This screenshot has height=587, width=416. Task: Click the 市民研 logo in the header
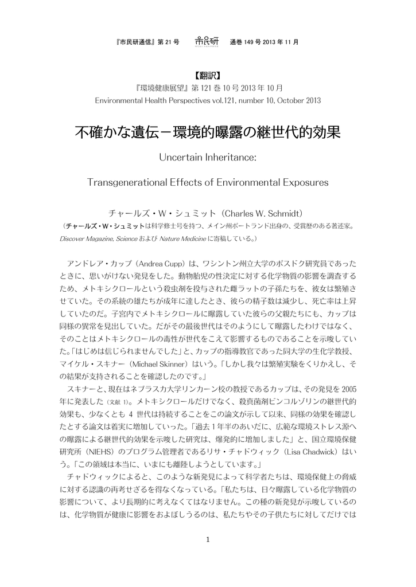coord(207,41)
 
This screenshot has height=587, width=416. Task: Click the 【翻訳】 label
coord(208,75)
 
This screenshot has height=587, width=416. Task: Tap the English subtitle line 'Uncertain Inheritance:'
coord(208,157)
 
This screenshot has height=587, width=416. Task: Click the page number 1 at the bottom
coord(208,539)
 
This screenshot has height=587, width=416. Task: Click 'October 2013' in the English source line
coord(297,100)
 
